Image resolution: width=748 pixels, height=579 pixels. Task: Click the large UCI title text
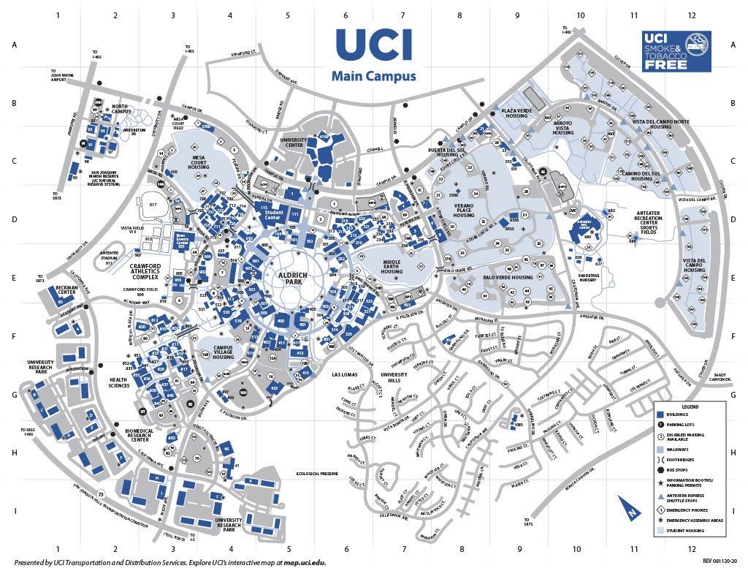(x=373, y=45)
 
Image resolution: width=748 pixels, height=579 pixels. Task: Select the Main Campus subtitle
(x=373, y=76)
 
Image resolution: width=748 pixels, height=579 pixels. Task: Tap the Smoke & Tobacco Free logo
(x=676, y=51)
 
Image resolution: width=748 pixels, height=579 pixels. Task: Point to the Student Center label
(x=272, y=214)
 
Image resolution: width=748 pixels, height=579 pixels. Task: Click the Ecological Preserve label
(x=317, y=474)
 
